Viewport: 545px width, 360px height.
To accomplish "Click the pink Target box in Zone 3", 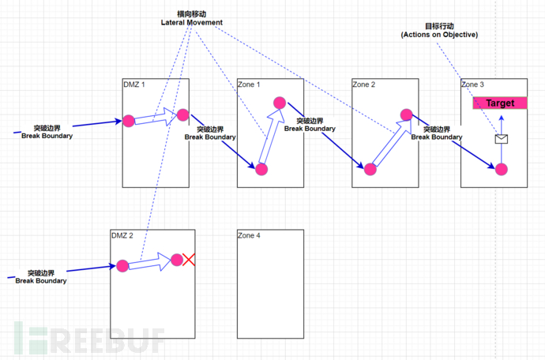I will tap(499, 103).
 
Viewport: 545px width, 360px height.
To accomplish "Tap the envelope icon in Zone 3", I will tap(500, 139).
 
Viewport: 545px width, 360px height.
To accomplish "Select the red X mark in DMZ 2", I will tap(189, 260).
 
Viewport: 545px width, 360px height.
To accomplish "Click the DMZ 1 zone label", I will tap(134, 84).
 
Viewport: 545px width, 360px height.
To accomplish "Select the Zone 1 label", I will tap(250, 84).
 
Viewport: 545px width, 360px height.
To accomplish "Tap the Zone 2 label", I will tap(364, 84).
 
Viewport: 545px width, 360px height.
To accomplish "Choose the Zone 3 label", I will tap(473, 84).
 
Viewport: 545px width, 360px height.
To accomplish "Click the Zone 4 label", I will tap(250, 235).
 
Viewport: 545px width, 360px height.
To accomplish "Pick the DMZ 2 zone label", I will tap(122, 235).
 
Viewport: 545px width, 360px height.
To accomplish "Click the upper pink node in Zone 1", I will tap(278, 103).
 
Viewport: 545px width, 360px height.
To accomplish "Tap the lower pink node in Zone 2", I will tap(369, 168).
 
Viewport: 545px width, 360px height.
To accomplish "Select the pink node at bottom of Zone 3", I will tap(500, 168).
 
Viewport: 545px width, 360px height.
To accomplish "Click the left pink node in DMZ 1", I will tap(128, 122).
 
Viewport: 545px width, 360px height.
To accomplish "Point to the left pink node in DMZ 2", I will tap(122, 266).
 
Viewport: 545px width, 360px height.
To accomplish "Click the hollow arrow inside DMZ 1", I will tap(156, 118).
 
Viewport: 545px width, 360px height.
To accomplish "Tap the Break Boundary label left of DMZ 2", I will tap(41, 276).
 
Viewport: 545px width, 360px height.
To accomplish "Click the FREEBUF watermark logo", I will tap(87, 337).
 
